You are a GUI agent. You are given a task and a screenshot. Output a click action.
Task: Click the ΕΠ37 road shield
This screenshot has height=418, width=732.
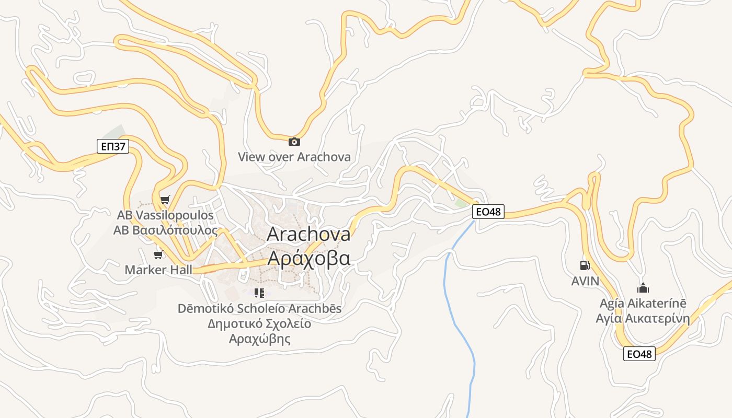(x=113, y=146)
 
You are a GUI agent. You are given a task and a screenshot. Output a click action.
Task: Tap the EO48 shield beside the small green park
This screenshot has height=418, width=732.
(x=488, y=212)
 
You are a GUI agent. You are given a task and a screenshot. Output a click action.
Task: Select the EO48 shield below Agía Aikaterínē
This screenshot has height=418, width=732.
(x=639, y=354)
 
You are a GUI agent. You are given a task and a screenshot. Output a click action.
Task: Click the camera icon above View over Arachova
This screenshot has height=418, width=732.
(x=294, y=142)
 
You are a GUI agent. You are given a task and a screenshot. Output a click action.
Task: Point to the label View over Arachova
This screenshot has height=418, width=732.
(x=294, y=157)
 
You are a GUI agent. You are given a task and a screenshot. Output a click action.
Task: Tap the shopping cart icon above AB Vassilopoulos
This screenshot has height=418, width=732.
(x=165, y=200)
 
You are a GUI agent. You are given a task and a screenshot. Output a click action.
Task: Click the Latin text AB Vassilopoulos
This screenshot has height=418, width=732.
(x=165, y=215)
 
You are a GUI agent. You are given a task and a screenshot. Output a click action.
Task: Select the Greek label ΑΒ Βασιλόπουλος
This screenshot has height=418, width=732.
(x=165, y=230)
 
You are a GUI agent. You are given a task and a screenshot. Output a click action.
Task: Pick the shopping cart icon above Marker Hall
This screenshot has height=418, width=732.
(x=158, y=254)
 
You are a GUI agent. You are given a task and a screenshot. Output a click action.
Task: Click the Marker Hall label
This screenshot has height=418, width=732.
(x=158, y=270)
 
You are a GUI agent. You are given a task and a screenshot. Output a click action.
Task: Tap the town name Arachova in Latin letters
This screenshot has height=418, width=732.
(x=308, y=234)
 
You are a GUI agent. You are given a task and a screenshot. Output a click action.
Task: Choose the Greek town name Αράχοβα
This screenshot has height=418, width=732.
(x=308, y=258)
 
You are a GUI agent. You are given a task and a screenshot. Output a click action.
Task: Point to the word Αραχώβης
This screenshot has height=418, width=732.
(x=259, y=339)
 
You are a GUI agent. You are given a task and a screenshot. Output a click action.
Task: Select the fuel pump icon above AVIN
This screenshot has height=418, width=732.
(x=585, y=265)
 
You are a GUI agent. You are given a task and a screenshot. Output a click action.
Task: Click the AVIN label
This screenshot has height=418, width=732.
(x=585, y=281)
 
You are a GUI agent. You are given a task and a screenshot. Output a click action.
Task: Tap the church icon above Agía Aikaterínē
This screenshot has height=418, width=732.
(x=643, y=288)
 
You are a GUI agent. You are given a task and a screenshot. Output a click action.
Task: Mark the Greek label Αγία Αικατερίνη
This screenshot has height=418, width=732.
(x=643, y=319)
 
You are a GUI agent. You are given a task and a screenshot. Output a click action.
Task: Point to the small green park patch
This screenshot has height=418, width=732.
(x=461, y=202)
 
